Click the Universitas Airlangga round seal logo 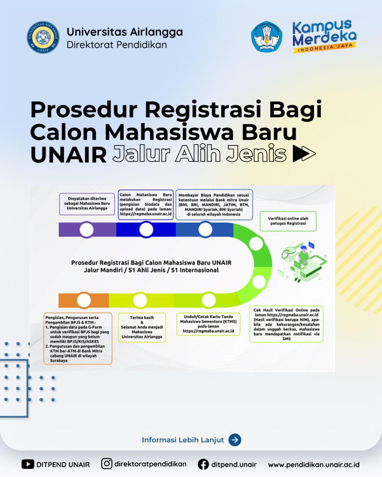point(43,37)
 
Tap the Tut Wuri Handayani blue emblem point(267,37)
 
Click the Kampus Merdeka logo point(324,37)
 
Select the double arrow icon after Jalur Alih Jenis point(304,153)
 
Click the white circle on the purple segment point(87,230)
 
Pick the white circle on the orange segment point(84,300)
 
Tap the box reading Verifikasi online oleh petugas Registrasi point(288,221)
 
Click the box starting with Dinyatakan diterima point(87,204)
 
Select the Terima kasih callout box point(142,328)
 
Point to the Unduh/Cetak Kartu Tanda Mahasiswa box point(208,324)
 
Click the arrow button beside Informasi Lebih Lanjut point(235,440)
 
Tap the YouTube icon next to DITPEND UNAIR point(28,464)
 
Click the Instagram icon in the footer point(107,464)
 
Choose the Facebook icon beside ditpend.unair point(203,464)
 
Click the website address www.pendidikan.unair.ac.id point(314,465)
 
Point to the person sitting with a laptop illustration point(302,263)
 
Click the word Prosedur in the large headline point(84,110)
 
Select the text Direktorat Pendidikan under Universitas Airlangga point(117,45)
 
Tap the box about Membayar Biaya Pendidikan point(214,204)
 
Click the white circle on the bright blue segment point(146,230)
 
